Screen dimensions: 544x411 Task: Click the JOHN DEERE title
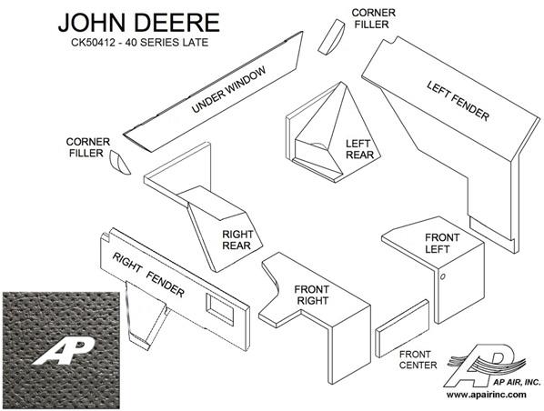(139, 23)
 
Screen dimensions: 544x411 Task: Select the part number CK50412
(93, 43)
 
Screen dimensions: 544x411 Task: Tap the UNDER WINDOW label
(228, 89)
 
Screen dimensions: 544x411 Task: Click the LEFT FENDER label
(458, 101)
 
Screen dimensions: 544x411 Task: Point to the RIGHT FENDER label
(148, 275)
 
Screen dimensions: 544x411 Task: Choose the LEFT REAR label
(359, 149)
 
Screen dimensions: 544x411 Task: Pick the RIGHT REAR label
(237, 240)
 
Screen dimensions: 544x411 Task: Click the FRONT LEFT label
(441, 243)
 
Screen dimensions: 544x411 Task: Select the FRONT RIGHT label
(312, 295)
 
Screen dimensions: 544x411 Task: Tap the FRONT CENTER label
(418, 360)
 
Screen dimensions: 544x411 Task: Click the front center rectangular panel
(402, 328)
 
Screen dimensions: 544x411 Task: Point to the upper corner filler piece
(331, 36)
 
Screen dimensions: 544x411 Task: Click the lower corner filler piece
(119, 163)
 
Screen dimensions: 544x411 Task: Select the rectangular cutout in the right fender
(219, 309)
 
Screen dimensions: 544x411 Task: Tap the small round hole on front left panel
(442, 276)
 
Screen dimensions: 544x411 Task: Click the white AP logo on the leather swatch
(64, 351)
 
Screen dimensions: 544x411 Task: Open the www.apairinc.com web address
(486, 395)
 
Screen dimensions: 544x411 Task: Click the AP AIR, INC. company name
(517, 382)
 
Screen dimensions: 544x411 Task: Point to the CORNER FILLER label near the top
(373, 18)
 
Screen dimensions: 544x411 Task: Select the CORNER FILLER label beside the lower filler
(87, 147)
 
